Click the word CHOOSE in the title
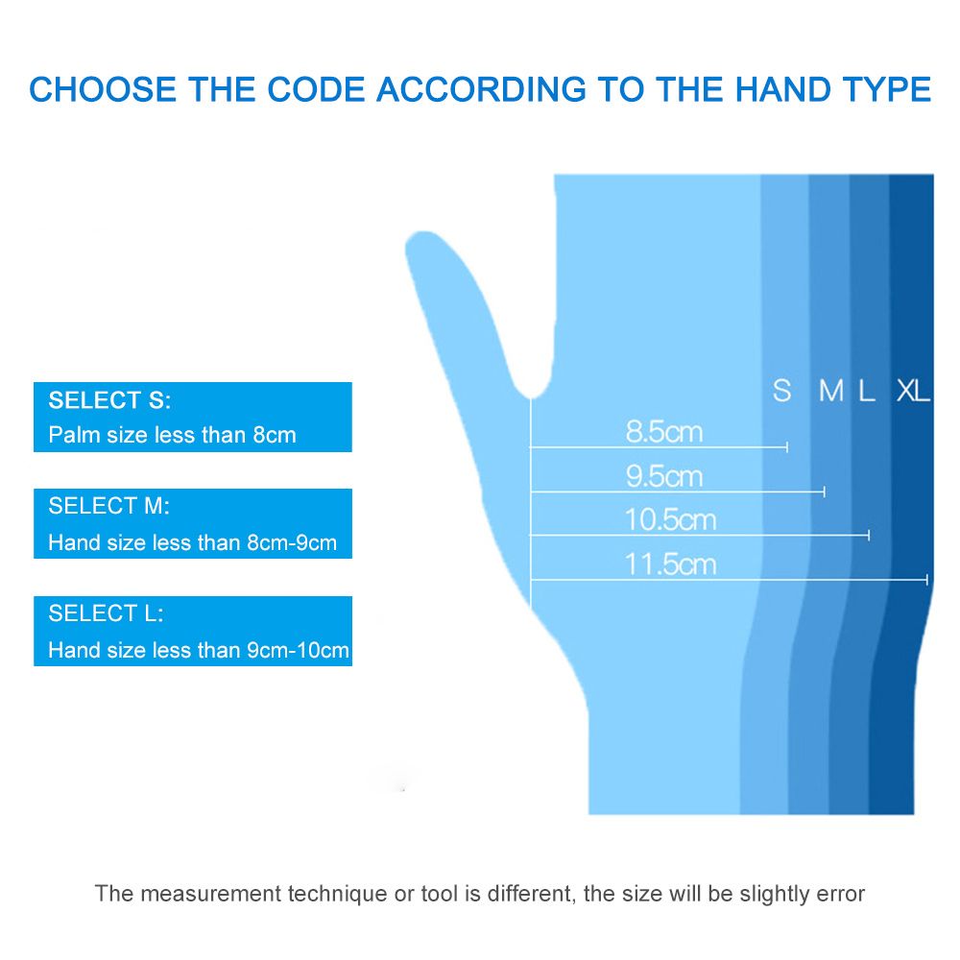[103, 89]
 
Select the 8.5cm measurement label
[663, 432]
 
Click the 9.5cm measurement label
[663, 476]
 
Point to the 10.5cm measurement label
[670, 519]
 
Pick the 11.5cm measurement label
[670, 564]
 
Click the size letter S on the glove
[781, 391]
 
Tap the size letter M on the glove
[830, 391]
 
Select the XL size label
[913, 391]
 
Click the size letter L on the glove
[866, 391]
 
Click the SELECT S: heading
[109, 399]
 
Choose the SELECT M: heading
[109, 506]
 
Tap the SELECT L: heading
[106, 612]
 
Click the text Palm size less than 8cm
[172, 435]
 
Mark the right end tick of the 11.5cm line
[927, 579]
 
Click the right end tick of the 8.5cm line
[787, 447]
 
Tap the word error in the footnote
[841, 894]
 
